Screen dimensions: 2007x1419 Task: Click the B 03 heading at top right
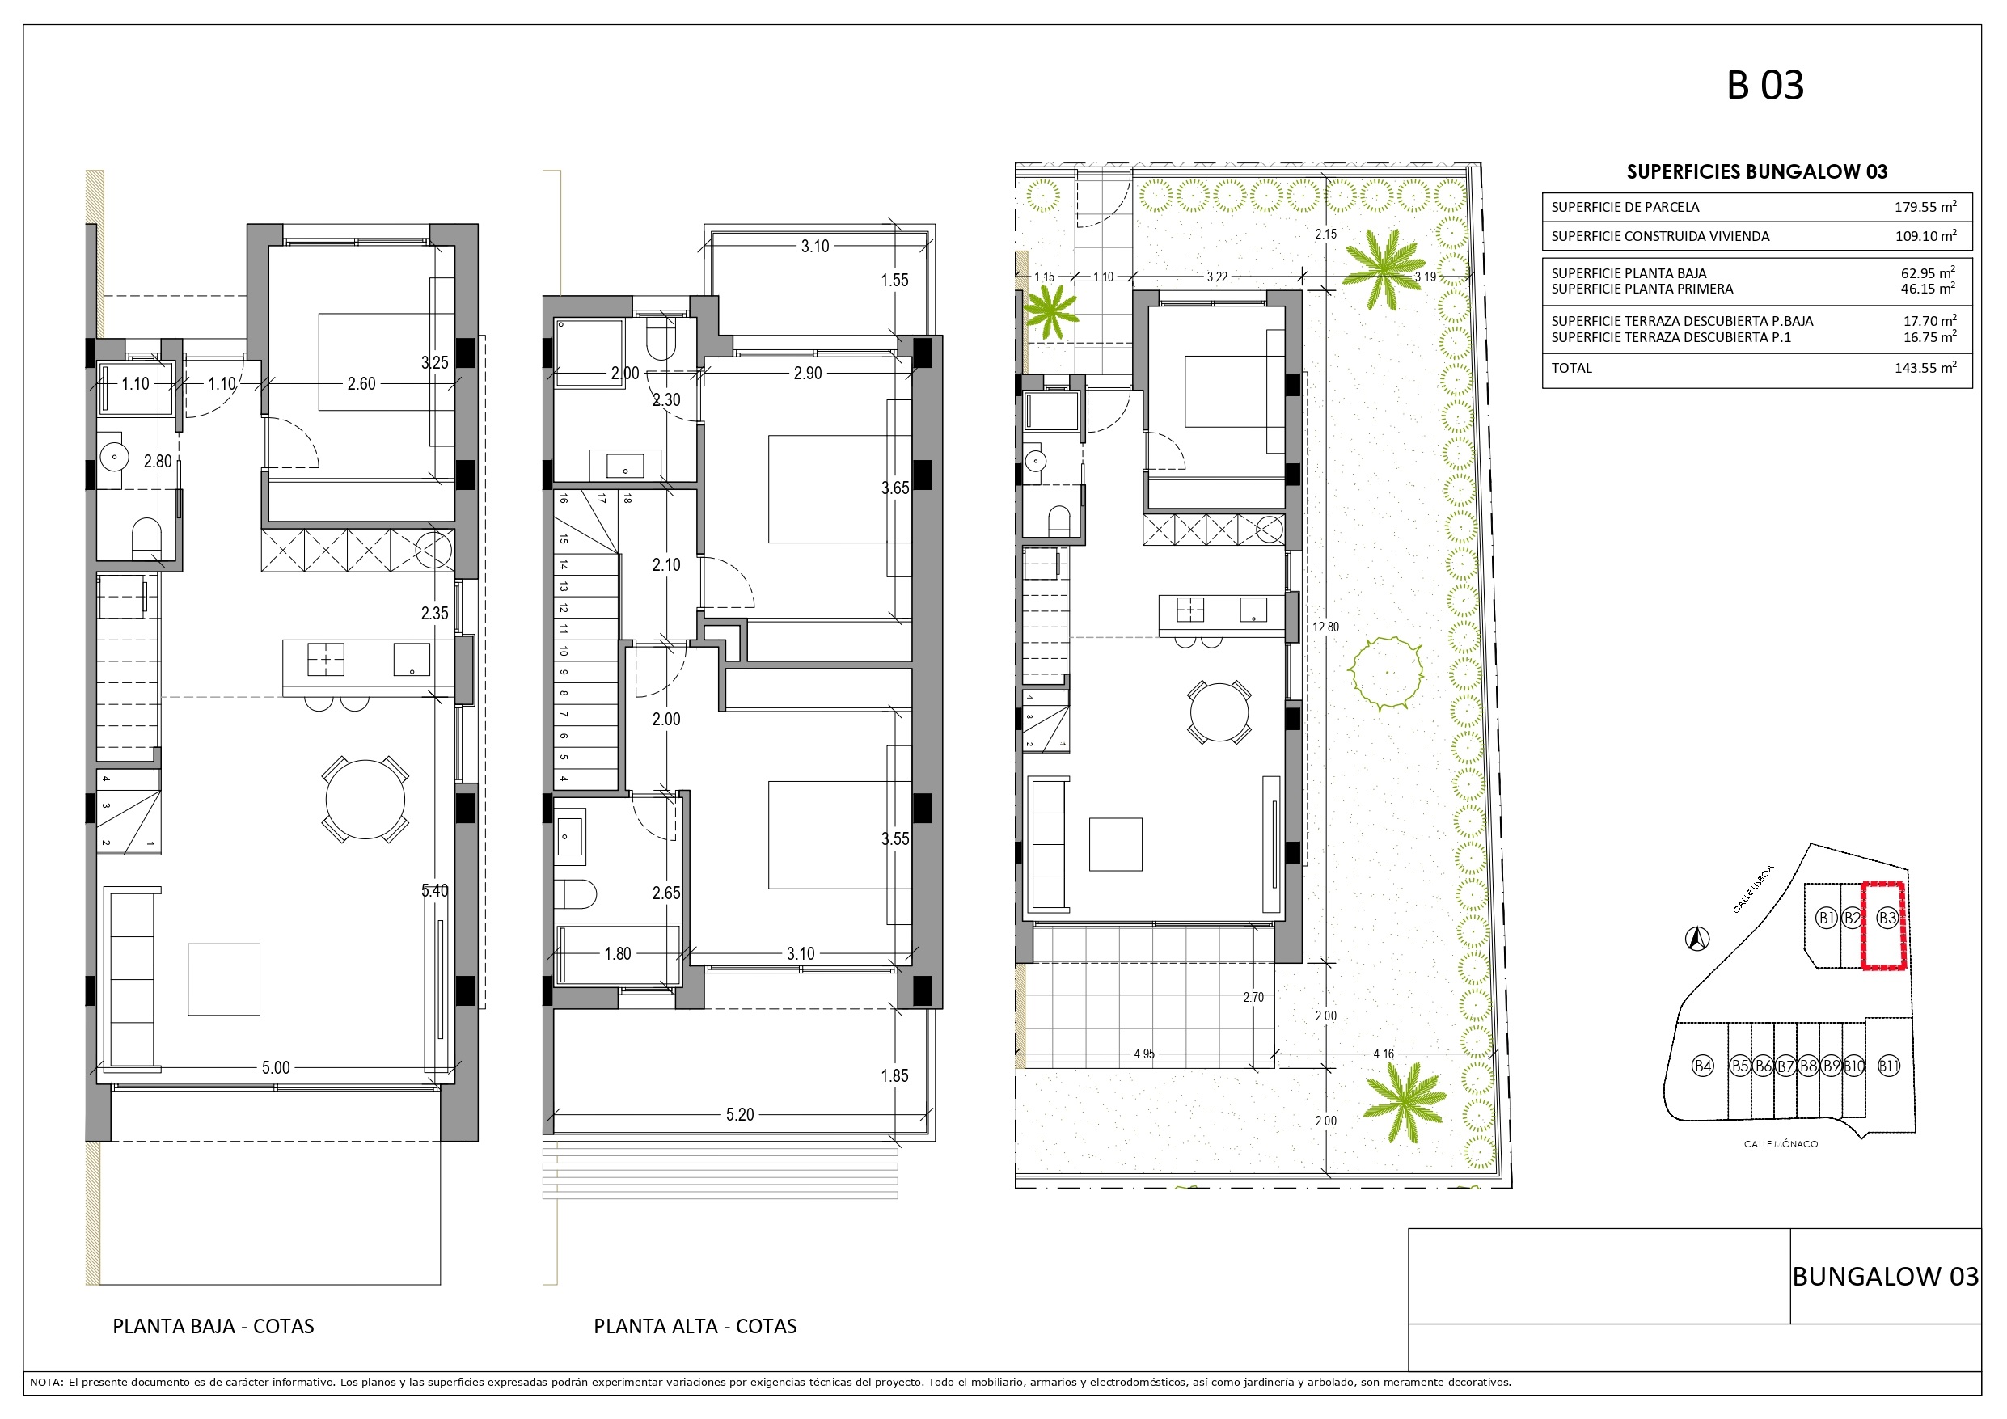1765,86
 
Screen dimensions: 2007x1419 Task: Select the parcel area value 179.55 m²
1925,207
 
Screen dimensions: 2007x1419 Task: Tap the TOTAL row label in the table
1572,368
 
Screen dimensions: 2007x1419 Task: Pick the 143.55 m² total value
1925,368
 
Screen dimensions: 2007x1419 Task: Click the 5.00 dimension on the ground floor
276,1067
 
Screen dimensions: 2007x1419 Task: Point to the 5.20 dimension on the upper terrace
740,1115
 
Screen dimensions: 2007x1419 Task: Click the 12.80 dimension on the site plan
1325,627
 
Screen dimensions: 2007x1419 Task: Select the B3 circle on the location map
1887,918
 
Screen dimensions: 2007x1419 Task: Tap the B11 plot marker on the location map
1889,1066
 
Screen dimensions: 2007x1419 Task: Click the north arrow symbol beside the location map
1697,939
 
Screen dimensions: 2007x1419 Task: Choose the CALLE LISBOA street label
1754,889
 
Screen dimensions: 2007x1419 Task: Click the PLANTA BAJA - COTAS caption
213,1326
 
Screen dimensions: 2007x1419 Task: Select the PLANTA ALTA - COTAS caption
695,1326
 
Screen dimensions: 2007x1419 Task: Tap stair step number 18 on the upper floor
627,499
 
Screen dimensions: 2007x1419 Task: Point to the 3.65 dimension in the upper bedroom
895,488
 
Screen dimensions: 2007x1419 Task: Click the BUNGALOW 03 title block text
1886,1277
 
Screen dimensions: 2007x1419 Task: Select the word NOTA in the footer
45,1383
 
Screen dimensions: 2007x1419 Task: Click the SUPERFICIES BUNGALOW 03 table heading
1757,171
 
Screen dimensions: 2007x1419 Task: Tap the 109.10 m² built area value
1925,236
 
